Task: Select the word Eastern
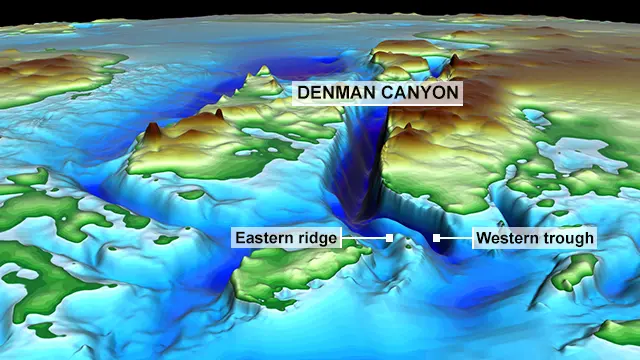[265, 238]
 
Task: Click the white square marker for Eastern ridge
[390, 238]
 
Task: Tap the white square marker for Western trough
[437, 238]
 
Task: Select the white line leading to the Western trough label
[456, 238]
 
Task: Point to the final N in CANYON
[452, 94]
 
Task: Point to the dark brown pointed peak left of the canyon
[153, 129]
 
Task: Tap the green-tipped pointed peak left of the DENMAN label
[265, 72]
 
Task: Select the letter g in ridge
[322, 240]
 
